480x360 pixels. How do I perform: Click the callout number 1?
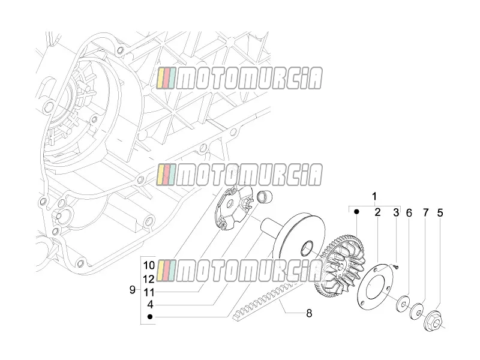[374, 197]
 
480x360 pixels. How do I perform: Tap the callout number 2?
[377, 212]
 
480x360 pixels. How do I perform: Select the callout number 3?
[396, 212]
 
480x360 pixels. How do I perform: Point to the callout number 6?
[409, 213]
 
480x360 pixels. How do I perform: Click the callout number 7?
[426, 212]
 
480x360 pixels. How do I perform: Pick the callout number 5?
[440, 213]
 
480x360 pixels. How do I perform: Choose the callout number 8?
[309, 313]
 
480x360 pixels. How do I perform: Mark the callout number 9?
[132, 290]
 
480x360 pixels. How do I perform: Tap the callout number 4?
[149, 305]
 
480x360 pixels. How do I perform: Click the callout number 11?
[149, 293]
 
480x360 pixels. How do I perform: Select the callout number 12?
[149, 279]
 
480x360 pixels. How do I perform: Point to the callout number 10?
[149, 265]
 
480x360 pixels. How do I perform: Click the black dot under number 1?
[356, 212]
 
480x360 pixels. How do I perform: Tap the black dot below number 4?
[149, 317]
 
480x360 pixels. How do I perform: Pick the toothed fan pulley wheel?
[340, 267]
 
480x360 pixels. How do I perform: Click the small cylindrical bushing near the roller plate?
[264, 197]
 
